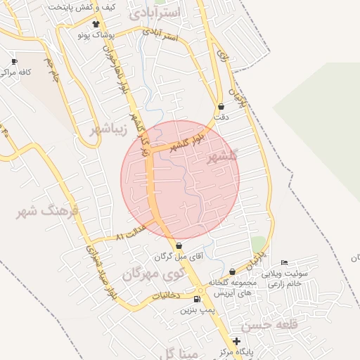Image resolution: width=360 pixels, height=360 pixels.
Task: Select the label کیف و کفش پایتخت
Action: click(x=81, y=7)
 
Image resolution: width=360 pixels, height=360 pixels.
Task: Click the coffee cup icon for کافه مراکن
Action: click(x=15, y=62)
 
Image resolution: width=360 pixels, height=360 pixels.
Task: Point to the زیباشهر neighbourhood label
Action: click(x=108, y=129)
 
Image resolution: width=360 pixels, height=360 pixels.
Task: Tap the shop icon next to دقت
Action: click(x=221, y=106)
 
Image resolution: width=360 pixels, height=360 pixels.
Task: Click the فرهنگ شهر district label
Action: click(x=48, y=210)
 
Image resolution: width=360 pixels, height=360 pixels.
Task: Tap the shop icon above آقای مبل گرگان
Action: click(x=179, y=246)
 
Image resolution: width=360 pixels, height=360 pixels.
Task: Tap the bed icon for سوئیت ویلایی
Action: click(x=284, y=262)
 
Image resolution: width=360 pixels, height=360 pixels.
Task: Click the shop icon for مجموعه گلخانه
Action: click(x=232, y=271)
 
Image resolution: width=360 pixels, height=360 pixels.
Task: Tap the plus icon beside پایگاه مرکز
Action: click(x=236, y=341)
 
